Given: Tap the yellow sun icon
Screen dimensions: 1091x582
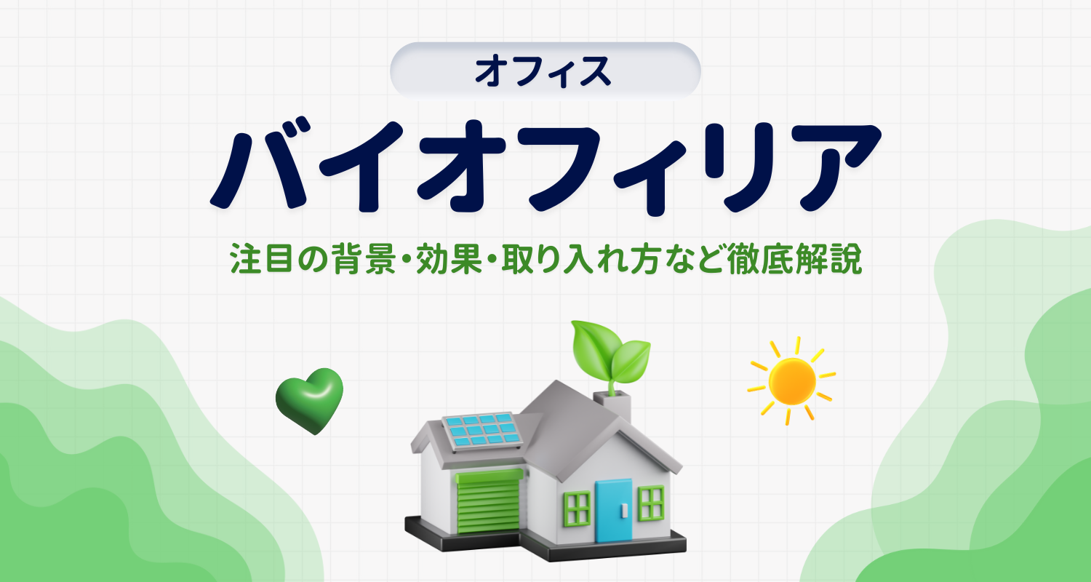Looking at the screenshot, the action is pyautogui.click(x=791, y=381).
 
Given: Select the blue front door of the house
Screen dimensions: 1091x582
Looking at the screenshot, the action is pyautogui.click(x=613, y=511).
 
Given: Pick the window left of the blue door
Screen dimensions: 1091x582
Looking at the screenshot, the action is pyautogui.click(x=578, y=509).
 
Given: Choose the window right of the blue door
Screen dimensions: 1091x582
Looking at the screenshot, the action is pyautogui.click(x=651, y=503).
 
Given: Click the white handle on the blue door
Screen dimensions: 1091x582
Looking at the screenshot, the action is pyautogui.click(x=624, y=510).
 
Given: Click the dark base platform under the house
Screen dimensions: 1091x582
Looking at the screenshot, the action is pyautogui.click(x=545, y=541).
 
